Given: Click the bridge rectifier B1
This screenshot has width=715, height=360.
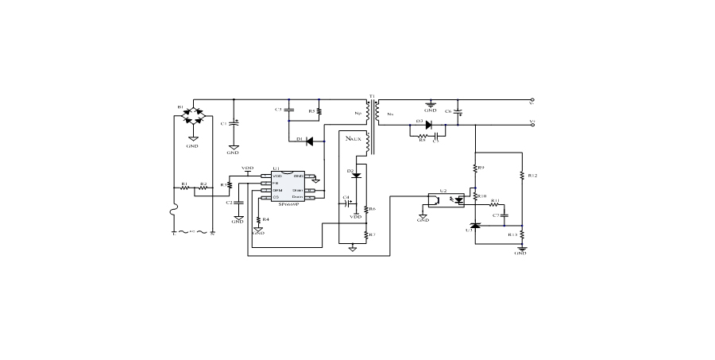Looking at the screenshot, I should (192, 116).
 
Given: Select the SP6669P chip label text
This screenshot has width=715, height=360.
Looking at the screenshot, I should (283, 204).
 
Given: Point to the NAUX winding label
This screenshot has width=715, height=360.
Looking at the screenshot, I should (354, 138).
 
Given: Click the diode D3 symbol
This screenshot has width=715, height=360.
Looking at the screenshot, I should (428, 125).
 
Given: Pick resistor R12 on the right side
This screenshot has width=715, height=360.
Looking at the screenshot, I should (522, 176).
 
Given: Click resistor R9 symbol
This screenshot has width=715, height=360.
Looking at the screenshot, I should (474, 168).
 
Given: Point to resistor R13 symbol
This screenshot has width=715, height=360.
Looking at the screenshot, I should (522, 235).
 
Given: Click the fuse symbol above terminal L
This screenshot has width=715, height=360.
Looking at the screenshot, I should (175, 217).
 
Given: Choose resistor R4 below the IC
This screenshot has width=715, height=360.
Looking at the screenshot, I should (259, 219).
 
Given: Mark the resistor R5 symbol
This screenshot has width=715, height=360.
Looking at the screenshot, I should (319, 112).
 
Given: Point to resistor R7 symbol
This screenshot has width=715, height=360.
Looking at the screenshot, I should (366, 235).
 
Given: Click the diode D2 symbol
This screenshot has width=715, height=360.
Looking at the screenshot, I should (356, 175).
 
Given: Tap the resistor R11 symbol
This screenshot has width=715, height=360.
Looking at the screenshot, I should (494, 205).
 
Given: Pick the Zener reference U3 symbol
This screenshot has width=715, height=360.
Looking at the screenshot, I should (474, 226).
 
